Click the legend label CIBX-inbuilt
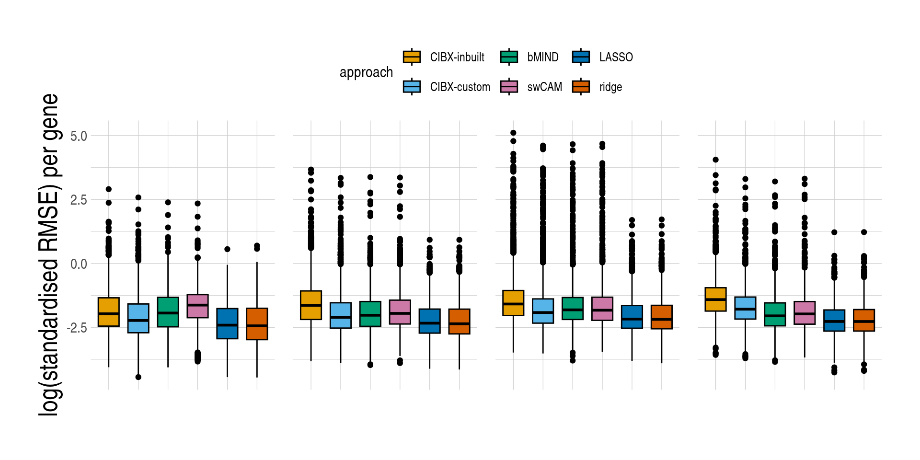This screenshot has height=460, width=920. coord(457,57)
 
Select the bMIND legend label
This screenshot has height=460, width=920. coord(542,57)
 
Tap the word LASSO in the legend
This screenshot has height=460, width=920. coord(616,57)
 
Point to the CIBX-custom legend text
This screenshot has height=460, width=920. coord(460,87)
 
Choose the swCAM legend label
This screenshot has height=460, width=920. coord(544,87)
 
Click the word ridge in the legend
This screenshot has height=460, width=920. coord(610,87)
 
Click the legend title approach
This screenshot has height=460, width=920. coord(366,72)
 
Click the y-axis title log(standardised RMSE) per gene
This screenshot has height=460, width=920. coord(50,254)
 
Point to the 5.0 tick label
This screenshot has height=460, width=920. coord(79,136)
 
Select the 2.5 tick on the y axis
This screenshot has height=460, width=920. coord(79,200)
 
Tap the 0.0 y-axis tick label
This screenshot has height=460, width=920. coord(79,264)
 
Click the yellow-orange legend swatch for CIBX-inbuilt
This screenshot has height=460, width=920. coord(412,57)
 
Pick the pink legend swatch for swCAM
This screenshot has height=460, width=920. coord(509,87)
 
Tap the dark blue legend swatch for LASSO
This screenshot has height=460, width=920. coord(581,57)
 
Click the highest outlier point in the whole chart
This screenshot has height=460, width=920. coord(513,133)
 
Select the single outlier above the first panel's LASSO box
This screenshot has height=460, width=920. coord(227,249)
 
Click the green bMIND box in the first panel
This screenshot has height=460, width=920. coord(168,312)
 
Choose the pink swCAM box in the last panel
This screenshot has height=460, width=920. coord(805,313)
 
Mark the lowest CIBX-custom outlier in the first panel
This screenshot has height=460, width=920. coord(138,377)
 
